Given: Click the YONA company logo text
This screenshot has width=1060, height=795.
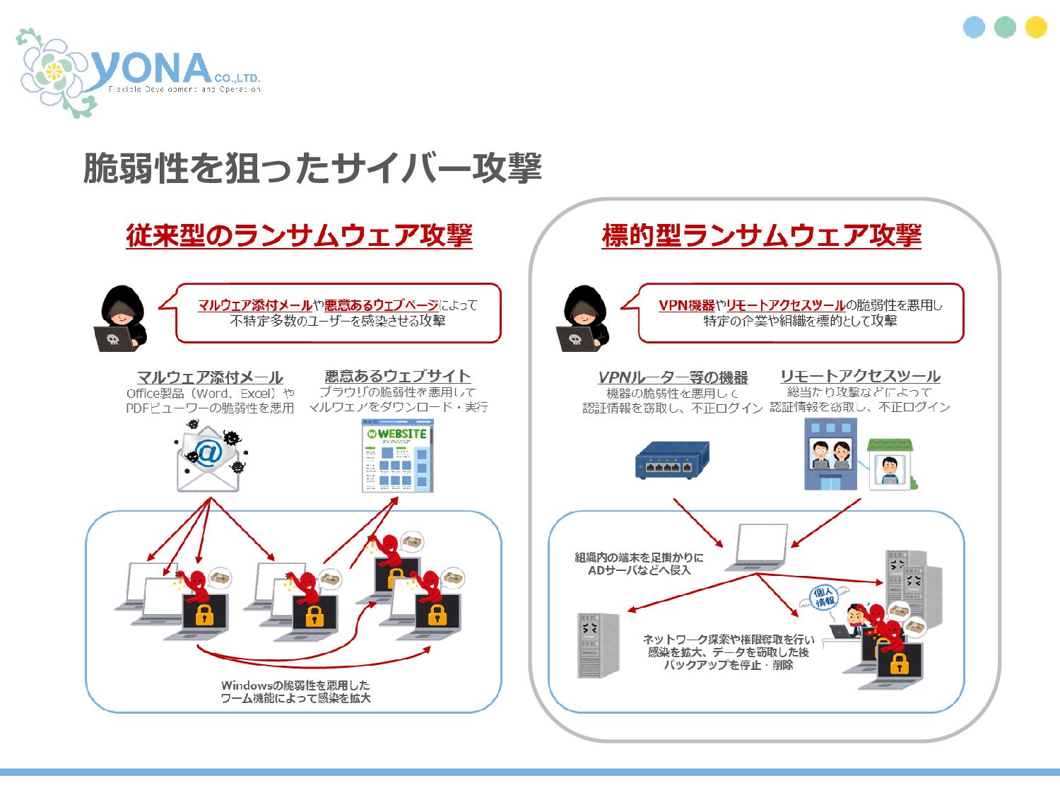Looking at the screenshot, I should tap(152, 69).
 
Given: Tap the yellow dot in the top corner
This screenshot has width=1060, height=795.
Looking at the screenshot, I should tap(1036, 27).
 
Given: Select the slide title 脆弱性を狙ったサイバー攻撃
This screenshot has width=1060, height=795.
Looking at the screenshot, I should tap(312, 168).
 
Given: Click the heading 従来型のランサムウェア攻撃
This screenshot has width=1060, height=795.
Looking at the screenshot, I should tap(299, 235).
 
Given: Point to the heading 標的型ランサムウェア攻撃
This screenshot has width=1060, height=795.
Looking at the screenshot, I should tap(762, 235).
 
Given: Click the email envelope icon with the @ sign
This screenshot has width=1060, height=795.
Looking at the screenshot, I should tap(208, 458).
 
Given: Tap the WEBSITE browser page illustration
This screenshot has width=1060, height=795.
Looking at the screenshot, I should tap(397, 456).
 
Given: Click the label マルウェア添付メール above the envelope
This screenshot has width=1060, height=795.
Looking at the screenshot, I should tap(210, 377).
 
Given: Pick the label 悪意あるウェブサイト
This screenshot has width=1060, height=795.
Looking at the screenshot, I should tap(397, 376).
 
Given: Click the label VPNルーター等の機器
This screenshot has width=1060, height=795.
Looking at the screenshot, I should tap(673, 377).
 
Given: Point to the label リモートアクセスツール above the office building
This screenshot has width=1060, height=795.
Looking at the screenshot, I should tap(860, 376).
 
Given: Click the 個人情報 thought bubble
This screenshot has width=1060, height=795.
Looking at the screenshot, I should tap(824, 598).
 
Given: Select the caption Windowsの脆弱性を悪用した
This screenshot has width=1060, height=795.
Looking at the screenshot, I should tap(295, 685).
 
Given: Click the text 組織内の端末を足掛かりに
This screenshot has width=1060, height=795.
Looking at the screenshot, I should tap(639, 557).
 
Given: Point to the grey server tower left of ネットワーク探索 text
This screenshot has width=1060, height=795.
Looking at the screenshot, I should tap(599, 644).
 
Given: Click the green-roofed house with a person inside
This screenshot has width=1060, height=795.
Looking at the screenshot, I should tap(890, 464).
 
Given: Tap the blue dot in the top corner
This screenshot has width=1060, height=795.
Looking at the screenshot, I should tap(974, 27).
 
